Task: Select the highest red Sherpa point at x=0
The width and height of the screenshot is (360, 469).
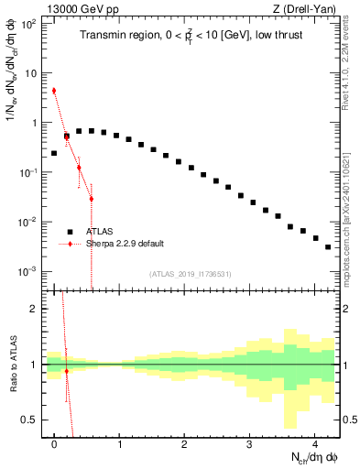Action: click(x=54, y=91)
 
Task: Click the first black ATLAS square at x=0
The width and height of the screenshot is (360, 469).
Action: click(x=54, y=153)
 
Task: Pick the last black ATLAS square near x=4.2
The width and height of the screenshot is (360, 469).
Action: click(x=328, y=246)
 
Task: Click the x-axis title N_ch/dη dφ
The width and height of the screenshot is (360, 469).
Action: click(x=303, y=457)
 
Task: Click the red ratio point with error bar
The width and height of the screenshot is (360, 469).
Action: click(x=66, y=371)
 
